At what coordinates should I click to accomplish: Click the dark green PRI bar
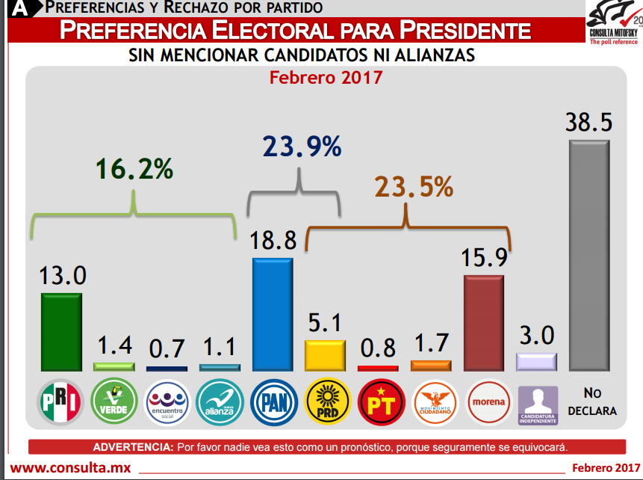60,332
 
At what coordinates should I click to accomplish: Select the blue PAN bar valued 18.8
273,315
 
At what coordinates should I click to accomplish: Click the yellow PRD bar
325,355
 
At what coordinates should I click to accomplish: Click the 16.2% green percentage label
134,169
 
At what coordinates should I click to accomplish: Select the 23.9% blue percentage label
301,147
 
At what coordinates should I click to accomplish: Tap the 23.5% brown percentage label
413,187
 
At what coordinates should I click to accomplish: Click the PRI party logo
60,402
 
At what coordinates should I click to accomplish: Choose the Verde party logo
114,402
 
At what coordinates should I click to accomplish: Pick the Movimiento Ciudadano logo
433,402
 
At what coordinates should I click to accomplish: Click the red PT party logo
380,402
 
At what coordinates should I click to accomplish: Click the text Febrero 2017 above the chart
326,77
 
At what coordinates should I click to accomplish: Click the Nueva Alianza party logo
220,402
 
